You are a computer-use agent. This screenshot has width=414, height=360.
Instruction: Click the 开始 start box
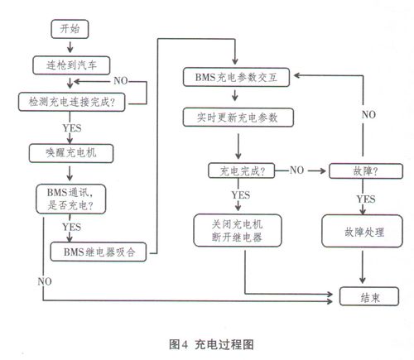(70, 29)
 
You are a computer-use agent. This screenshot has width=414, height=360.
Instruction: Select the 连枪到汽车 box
(71, 65)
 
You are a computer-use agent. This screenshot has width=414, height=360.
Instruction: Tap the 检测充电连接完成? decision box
(71, 102)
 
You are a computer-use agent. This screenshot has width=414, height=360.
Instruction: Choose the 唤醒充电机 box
(71, 153)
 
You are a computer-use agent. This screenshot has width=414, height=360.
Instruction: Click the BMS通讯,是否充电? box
(70, 199)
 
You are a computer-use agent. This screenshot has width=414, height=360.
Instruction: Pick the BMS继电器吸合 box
(99, 252)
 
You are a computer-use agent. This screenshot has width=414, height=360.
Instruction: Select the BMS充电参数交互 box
(236, 77)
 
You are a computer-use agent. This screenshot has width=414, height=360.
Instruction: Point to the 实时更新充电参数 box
(238, 118)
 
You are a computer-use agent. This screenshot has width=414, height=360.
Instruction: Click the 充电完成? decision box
(241, 170)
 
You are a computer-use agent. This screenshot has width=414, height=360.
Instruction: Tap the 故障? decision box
(366, 171)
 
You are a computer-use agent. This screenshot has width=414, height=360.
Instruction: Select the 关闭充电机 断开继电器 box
(238, 230)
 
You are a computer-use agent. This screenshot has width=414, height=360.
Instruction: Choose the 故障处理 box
(362, 231)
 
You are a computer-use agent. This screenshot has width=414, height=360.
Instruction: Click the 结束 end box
(369, 296)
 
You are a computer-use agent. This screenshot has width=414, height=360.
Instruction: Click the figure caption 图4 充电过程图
(211, 344)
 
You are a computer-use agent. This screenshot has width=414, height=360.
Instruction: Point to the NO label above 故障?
(368, 114)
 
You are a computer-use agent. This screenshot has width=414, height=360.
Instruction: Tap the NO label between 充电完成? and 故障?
(296, 170)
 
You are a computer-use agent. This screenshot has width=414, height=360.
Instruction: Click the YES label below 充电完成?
(241, 195)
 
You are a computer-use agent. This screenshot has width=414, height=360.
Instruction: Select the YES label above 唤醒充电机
(72, 128)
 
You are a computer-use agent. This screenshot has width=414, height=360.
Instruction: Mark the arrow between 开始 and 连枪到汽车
(70, 47)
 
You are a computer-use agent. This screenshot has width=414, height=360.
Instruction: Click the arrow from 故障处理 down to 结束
(363, 267)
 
